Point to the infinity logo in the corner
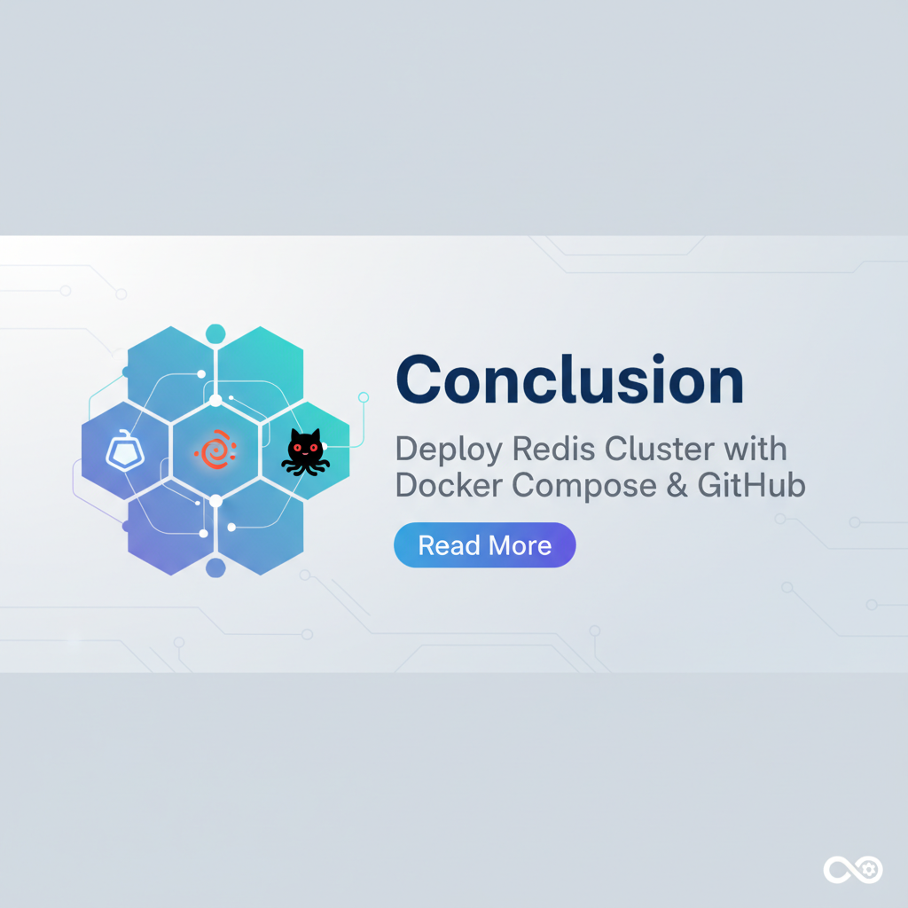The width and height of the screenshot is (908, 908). (x=851, y=870)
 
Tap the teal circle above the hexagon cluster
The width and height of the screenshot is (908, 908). (x=215, y=334)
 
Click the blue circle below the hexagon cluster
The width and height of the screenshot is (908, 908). (x=215, y=567)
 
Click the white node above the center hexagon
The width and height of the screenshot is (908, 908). (x=215, y=401)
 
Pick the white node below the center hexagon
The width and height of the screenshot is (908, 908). (x=215, y=501)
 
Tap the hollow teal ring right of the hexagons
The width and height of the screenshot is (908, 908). (x=363, y=396)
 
